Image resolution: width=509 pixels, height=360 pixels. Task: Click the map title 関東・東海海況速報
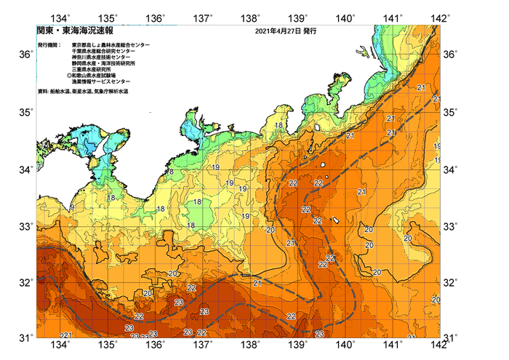68,31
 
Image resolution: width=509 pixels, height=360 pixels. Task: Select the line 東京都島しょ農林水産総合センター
111,45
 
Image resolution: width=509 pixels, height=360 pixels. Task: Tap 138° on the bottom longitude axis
252,344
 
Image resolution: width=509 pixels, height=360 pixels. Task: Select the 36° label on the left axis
25,55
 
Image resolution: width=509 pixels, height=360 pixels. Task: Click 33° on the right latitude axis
452,227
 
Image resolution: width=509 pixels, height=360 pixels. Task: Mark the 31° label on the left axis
25,337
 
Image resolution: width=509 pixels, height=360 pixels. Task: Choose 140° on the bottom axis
346,344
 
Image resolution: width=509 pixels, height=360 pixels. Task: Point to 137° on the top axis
204,17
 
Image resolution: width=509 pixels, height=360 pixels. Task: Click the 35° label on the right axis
452,112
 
